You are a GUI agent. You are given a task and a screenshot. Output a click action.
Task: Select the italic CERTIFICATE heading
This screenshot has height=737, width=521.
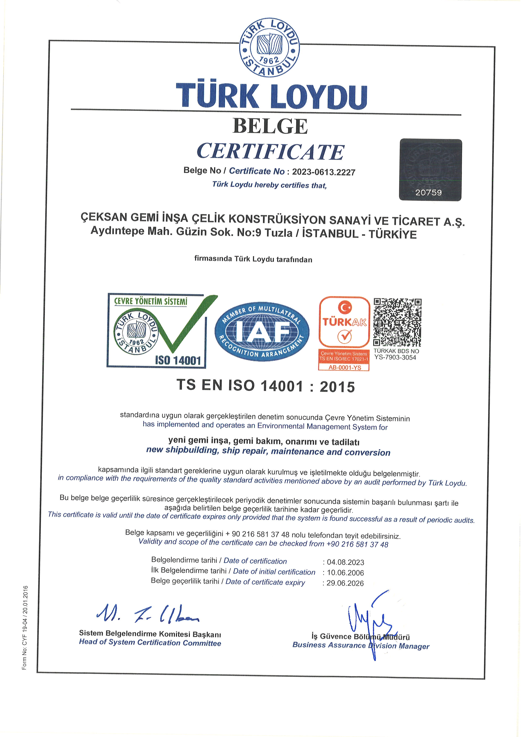(x=270, y=152)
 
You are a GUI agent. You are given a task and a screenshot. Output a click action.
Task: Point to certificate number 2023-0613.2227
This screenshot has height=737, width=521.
(x=323, y=172)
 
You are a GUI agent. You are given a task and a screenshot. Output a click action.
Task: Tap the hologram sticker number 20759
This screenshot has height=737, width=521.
(x=428, y=192)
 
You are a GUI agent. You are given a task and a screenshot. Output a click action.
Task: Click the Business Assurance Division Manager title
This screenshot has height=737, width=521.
(x=360, y=646)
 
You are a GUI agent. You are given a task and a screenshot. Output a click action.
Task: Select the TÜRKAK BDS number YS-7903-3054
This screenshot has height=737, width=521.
(x=395, y=358)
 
